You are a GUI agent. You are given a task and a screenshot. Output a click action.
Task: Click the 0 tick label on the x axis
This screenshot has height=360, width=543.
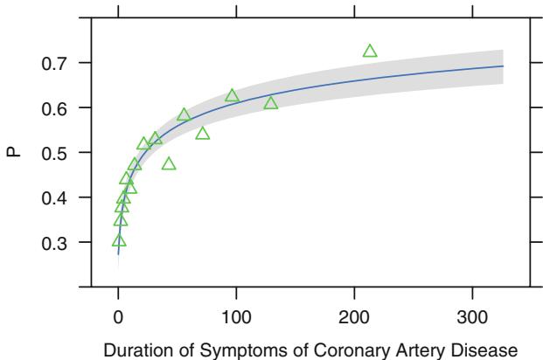pos(118,315)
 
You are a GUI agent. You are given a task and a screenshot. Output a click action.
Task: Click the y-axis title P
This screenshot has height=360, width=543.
pos(13,153)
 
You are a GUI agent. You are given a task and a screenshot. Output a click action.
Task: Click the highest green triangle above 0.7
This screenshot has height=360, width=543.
pos(370,52)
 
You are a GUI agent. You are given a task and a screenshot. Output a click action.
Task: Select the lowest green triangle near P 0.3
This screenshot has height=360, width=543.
pos(119,240)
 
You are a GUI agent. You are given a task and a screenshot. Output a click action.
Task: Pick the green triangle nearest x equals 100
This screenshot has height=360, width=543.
pos(232,95)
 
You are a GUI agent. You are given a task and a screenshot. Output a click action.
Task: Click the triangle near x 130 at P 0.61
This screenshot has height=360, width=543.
pos(271,104)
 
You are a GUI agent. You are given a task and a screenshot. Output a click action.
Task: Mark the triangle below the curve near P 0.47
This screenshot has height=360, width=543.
pos(169,164)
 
